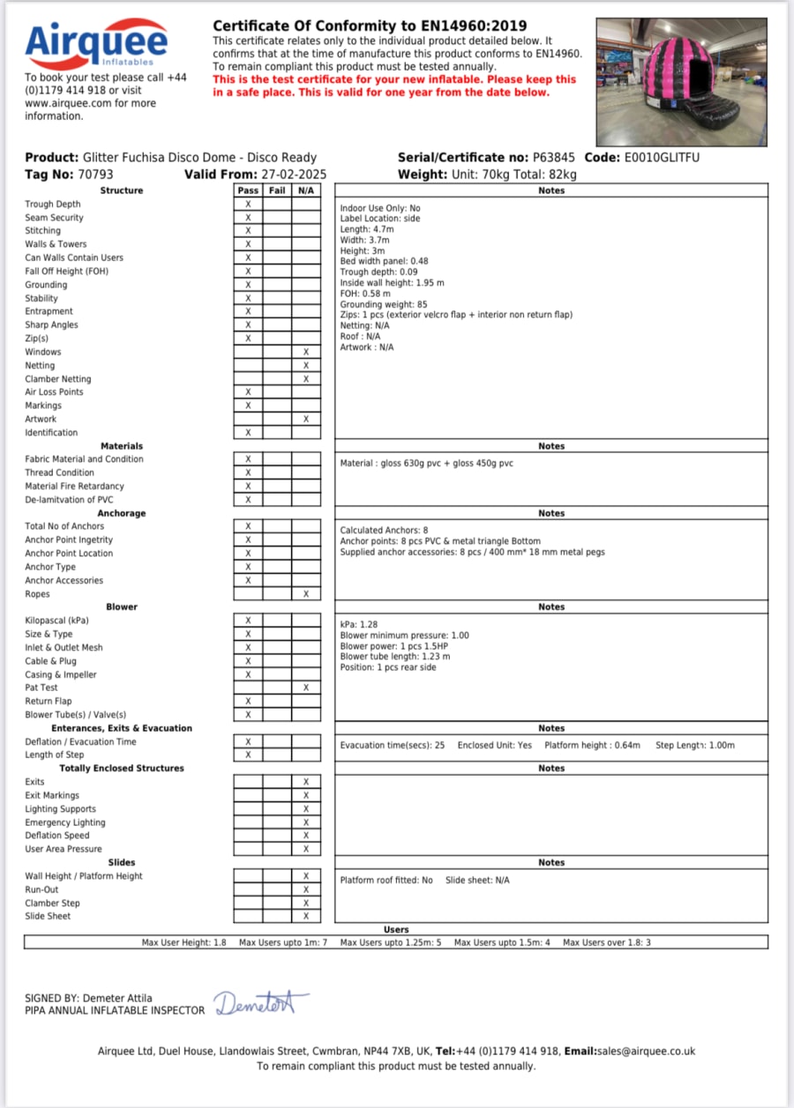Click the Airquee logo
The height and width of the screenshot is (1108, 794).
pos(96,41)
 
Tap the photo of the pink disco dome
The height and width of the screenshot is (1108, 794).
pos(682,82)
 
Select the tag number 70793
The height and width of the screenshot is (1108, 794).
pos(95,175)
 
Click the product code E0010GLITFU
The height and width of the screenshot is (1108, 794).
pos(662,158)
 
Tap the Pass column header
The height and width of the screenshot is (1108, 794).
pos(248,190)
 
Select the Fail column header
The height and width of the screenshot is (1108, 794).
pos(277,190)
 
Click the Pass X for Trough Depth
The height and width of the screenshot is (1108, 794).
pos(248,204)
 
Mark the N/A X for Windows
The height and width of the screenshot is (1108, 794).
pos(305,352)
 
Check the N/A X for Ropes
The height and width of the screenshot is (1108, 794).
pos(305,594)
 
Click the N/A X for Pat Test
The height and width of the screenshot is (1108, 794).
pos(305,688)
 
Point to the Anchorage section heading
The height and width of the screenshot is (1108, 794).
pos(122,513)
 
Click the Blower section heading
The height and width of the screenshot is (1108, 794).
pos(122,607)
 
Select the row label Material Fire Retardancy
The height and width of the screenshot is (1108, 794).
pos(74,487)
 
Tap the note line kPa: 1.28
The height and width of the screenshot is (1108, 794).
pos(360,624)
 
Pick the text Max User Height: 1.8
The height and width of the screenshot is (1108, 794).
pos(184,943)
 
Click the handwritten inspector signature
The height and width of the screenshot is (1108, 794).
pos(261,1004)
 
